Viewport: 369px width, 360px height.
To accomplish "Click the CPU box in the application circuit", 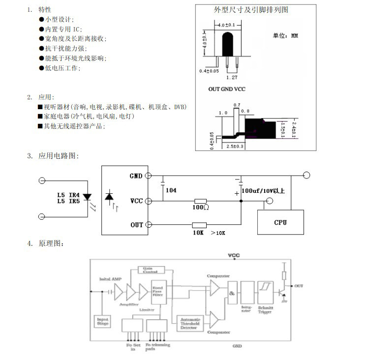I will pos(280,222).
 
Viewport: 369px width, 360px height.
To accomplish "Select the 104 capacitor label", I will pos(171,190).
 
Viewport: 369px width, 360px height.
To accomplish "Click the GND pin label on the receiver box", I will pos(136,176).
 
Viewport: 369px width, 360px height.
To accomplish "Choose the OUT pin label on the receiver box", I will pos(137,225).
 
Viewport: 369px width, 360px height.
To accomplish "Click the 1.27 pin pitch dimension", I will pos(231,77).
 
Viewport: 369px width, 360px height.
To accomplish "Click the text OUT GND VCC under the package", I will pos(227,89).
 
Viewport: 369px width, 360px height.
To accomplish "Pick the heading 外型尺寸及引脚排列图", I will pos(251,10).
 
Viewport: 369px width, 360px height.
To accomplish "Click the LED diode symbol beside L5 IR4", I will pos(88,197).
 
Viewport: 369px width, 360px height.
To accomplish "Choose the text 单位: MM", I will pos(285,36).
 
